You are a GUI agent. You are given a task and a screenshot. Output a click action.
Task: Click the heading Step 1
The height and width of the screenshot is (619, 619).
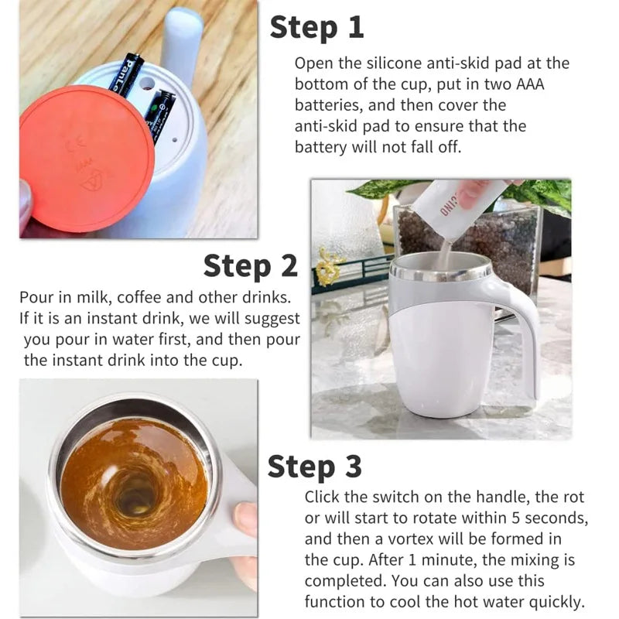316,28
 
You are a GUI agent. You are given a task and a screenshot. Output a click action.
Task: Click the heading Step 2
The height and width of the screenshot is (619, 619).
250,266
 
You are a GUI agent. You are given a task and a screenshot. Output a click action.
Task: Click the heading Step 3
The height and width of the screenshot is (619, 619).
314,467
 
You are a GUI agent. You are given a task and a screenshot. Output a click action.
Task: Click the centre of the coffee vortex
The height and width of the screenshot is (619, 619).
133,491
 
